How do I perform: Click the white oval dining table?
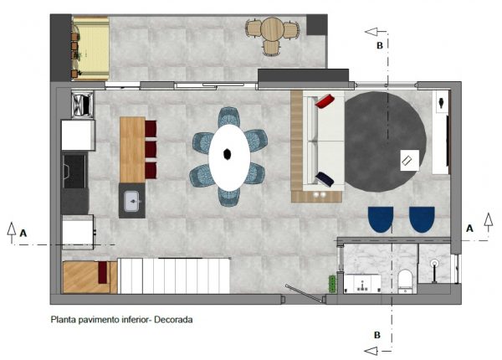[x=229, y=157]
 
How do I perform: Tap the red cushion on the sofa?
[x=325, y=100]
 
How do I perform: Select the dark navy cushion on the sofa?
[x=325, y=179]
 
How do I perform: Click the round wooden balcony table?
[x=272, y=29]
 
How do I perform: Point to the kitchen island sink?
[x=132, y=201]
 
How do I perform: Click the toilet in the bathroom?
[x=405, y=281]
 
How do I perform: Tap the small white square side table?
[x=409, y=160]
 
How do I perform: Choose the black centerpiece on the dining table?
[x=228, y=154]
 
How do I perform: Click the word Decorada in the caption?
[x=173, y=320]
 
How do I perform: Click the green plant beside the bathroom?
[x=332, y=283]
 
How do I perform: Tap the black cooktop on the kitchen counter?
[x=74, y=171]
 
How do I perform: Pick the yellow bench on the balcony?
[x=91, y=49]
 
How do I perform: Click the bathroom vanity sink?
[x=362, y=283]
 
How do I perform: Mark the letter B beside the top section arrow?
[x=380, y=45]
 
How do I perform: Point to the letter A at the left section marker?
[x=23, y=234]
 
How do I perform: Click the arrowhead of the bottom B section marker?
[x=371, y=351]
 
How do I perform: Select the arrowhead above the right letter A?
[x=489, y=220]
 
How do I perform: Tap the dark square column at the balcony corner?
[x=316, y=24]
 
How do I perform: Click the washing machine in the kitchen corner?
[x=83, y=104]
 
